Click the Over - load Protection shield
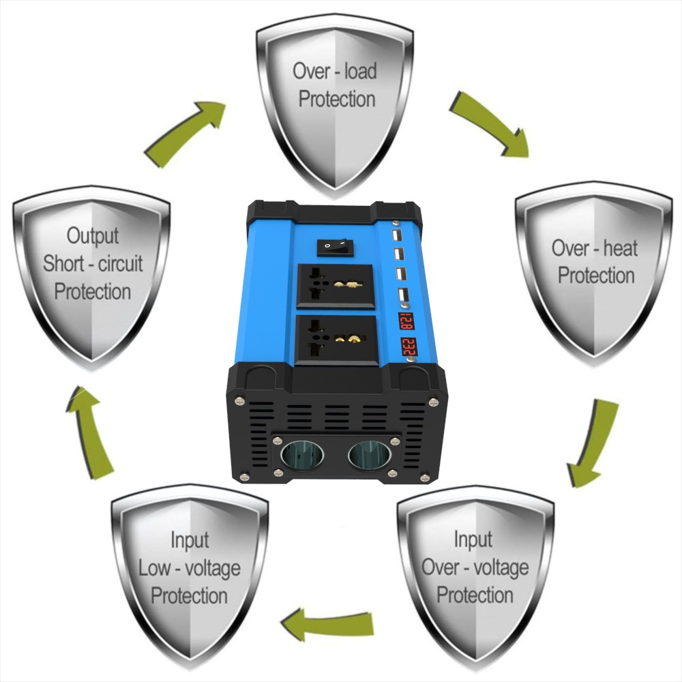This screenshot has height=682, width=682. tap(334, 95)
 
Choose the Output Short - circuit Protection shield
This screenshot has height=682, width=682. tap(92, 266)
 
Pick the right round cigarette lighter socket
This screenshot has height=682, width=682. tap(369, 456)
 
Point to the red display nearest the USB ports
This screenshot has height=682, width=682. tap(406, 321)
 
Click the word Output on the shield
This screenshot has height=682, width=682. tap(93, 236)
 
